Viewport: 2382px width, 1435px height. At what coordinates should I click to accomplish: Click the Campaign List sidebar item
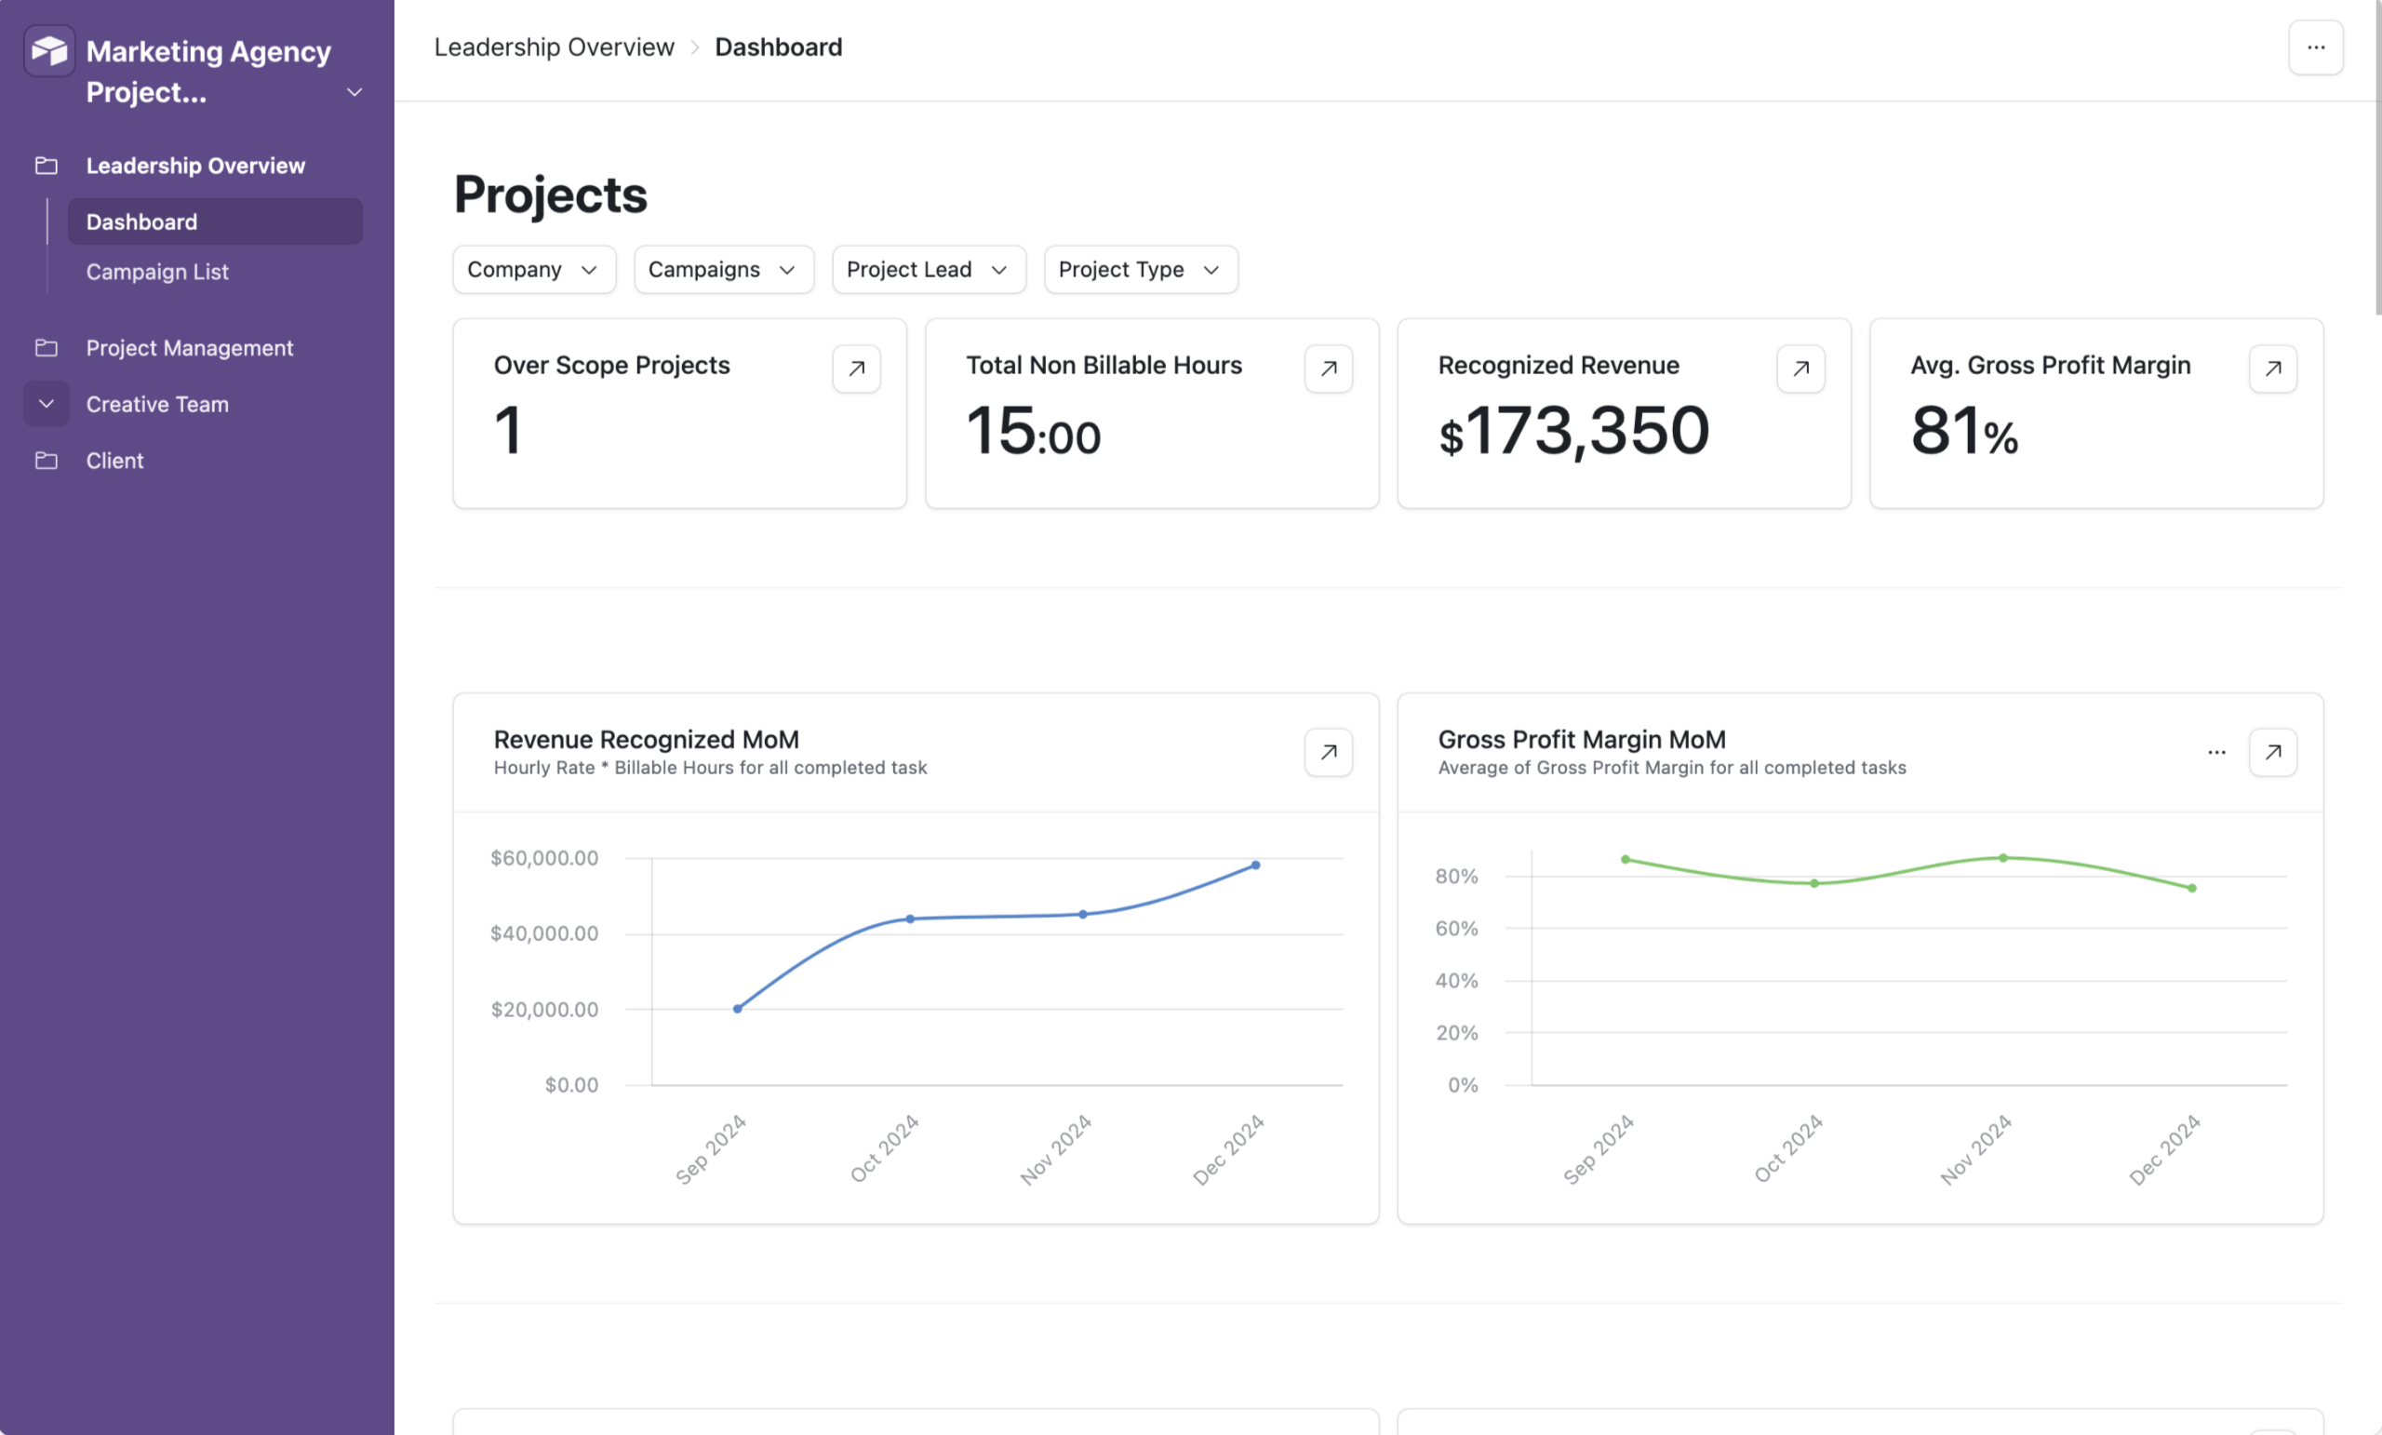157,272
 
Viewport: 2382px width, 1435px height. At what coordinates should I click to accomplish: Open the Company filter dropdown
534,270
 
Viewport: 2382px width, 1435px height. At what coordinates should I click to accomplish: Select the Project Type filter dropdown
1140,270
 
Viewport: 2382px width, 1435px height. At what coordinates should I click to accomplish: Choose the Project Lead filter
928,270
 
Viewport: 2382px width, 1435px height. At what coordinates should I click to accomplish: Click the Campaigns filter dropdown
722,270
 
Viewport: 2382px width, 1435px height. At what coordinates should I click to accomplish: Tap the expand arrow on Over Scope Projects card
855,369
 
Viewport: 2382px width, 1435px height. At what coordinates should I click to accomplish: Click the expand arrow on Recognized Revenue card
1800,369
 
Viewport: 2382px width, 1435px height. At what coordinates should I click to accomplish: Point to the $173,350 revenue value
1573,431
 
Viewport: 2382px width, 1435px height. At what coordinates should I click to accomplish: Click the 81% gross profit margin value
1963,431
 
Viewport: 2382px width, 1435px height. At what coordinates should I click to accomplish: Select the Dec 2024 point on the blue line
1255,865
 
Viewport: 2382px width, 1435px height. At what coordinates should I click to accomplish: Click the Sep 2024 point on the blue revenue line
738,1009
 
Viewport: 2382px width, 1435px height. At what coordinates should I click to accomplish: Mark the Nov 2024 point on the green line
2003,858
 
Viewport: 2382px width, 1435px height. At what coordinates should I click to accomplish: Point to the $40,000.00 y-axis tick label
544,933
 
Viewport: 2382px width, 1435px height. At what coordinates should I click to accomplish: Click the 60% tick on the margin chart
1456,929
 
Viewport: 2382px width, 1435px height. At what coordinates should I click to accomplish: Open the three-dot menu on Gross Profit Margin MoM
2216,752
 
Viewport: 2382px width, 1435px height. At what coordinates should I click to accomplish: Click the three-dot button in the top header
2315,47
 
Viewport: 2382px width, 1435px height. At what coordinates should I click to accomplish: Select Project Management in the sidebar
190,348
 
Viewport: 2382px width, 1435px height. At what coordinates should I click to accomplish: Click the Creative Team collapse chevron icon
47,404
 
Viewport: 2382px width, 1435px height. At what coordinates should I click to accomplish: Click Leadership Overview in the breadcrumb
554,47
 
